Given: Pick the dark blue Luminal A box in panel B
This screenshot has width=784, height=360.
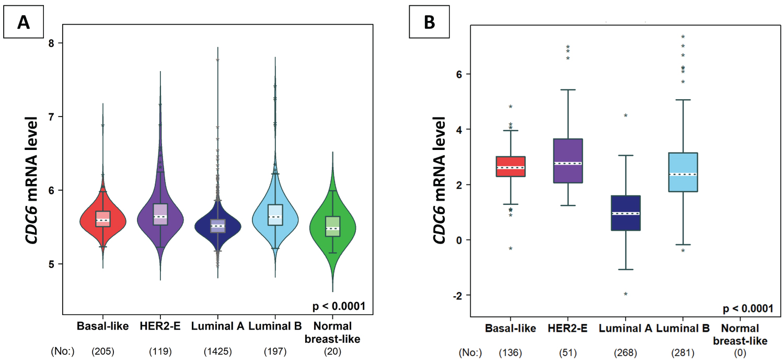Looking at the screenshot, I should coord(625,213).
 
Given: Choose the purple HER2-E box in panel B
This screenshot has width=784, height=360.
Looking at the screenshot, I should coord(568,160).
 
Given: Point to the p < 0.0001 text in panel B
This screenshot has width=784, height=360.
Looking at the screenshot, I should coord(746,308).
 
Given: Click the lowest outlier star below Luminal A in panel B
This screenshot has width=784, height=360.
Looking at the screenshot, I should coord(625,294).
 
